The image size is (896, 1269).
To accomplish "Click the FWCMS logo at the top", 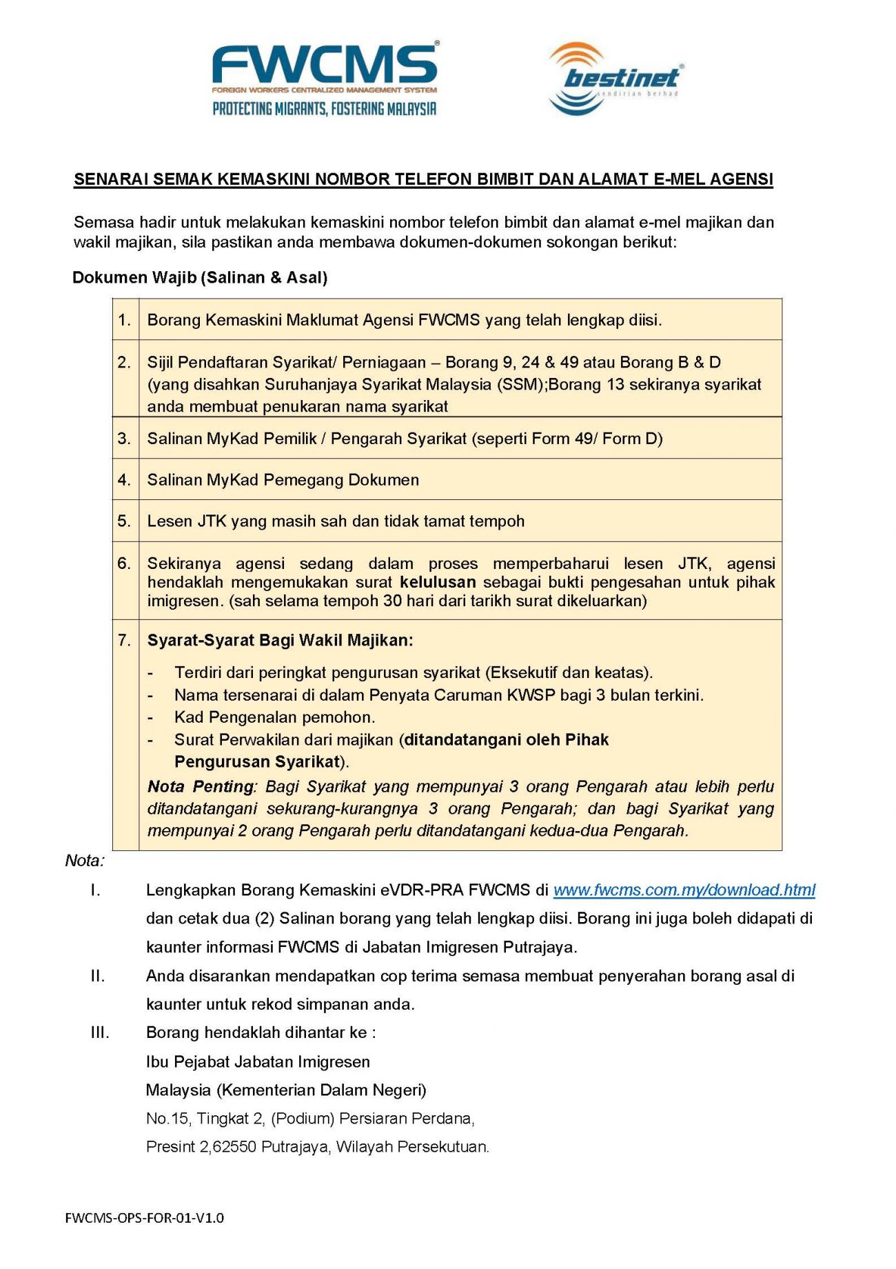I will pos(324,66).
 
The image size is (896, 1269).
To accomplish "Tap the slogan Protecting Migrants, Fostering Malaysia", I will pos(324,109).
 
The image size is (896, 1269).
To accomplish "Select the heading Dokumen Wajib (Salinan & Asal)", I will pos(200,278).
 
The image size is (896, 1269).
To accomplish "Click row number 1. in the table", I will pos(124,320).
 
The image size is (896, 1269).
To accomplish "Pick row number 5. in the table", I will pos(124,521).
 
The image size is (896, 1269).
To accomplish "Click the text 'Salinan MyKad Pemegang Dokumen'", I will pos(283,480).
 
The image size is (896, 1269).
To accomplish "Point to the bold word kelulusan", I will pos(438,582).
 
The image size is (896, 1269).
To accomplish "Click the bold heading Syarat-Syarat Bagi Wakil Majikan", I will pos(280,641).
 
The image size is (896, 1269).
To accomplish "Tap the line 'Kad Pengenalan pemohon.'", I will pos(274,717).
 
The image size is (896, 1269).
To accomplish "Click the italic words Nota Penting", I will pos(201,787).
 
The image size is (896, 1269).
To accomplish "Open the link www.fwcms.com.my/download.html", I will pos(684,890).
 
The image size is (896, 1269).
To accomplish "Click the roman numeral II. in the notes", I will pos(97,977).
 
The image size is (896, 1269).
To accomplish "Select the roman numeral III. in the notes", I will pos(100,1033).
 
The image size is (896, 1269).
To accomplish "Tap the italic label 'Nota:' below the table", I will pos(84,861).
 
